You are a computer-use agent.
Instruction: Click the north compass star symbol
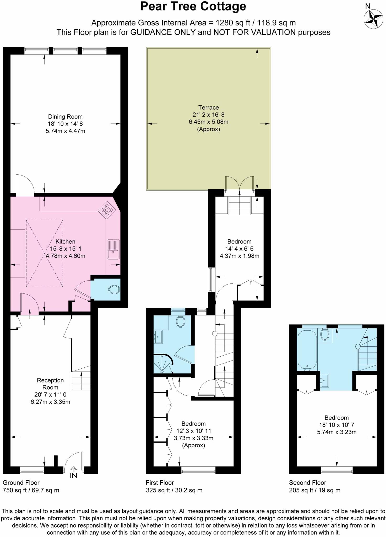373,19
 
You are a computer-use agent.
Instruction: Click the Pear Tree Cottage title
193,7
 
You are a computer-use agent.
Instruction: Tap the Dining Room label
65,117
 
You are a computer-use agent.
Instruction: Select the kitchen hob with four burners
107,210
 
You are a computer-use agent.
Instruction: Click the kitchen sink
113,249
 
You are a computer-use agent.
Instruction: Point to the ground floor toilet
114,290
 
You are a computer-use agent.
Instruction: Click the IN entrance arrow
74,474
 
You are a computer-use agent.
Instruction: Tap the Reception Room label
50,384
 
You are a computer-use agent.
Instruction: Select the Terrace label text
209,108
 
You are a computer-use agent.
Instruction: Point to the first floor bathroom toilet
180,321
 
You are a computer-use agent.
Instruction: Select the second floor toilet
325,335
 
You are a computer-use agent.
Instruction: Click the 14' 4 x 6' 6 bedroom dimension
239,249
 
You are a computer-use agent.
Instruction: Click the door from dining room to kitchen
25,185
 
